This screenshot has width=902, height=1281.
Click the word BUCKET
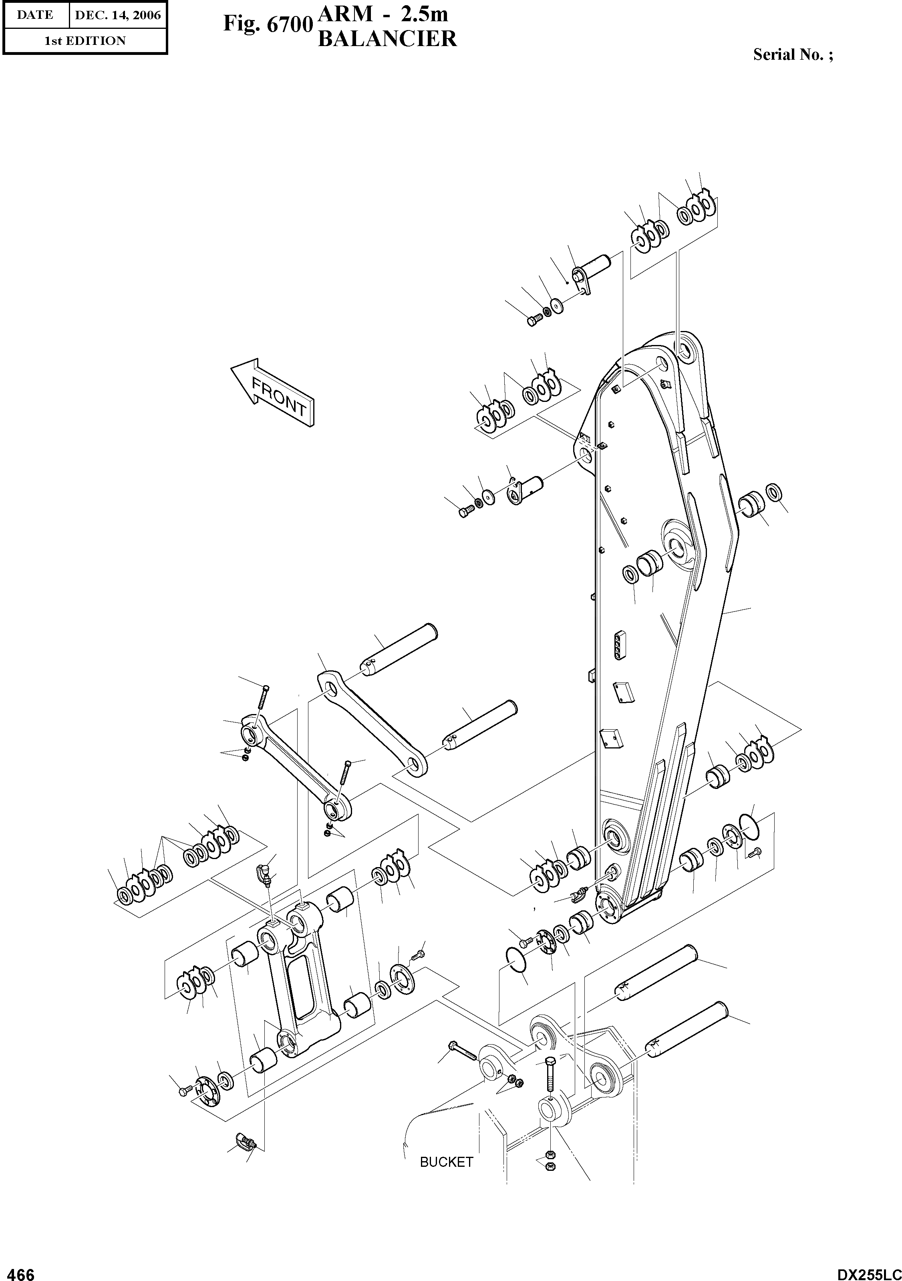[446, 1162]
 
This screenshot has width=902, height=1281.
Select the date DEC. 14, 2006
[117, 15]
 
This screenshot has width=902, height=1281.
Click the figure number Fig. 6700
[266, 24]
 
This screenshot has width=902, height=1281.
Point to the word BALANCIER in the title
[387, 39]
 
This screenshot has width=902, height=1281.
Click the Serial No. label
[793, 54]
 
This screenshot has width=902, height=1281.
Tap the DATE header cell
[34, 15]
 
